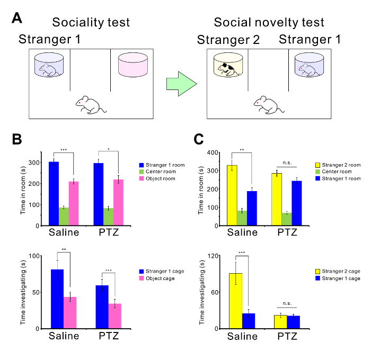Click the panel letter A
click(x=17, y=20)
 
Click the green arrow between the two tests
click(x=181, y=85)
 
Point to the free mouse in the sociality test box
click(x=91, y=103)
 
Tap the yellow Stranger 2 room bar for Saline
click(x=232, y=195)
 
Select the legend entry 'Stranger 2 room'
click(x=340, y=165)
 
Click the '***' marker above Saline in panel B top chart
click(x=64, y=150)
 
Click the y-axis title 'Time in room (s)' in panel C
click(x=201, y=189)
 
